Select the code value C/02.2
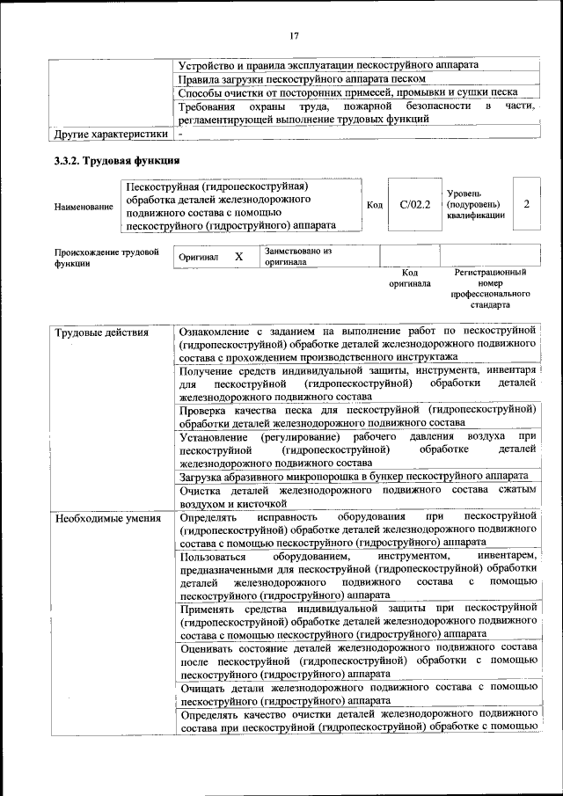[x=414, y=205]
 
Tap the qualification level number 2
[x=526, y=204]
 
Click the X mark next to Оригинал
[x=238, y=257]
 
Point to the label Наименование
[x=84, y=207]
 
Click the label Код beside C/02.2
[x=375, y=205]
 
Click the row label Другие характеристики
[x=110, y=135]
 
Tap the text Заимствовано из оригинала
[x=297, y=256]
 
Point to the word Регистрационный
[x=490, y=274]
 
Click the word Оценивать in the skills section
[x=211, y=647]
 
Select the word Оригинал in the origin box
[x=198, y=258]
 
